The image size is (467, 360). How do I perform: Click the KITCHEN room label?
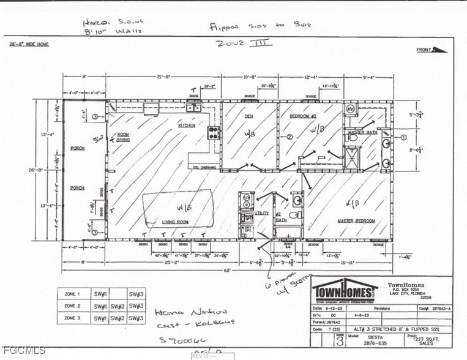point(187,126)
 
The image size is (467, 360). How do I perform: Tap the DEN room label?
point(249,116)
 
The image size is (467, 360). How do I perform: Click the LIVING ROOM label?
point(175,222)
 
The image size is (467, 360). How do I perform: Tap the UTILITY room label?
point(261,213)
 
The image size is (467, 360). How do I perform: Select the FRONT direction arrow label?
point(425,50)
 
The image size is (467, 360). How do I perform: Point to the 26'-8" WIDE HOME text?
point(29,44)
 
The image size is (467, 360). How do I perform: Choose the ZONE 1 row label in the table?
point(72,293)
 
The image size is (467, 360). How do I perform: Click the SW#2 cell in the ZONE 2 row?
point(118,306)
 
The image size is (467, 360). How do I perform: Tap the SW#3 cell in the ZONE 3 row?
point(136,318)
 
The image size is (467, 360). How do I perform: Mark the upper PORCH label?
point(77,148)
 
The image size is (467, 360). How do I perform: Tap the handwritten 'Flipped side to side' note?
point(260,26)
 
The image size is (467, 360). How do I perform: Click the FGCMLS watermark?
point(23,350)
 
